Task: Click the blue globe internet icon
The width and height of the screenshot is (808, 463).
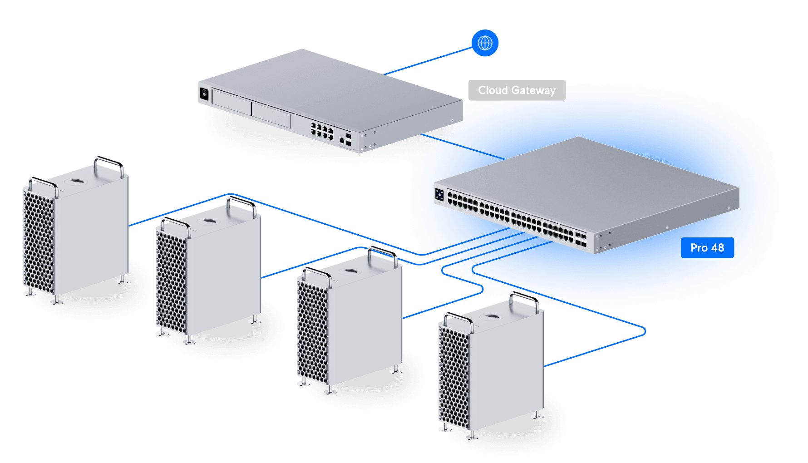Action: pyautogui.click(x=485, y=43)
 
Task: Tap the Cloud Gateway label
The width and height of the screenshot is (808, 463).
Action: pyautogui.click(x=517, y=90)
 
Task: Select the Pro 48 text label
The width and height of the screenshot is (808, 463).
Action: pyautogui.click(x=707, y=248)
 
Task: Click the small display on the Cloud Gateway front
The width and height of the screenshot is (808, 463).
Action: pyautogui.click(x=204, y=94)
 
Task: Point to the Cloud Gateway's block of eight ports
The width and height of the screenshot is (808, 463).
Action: pyautogui.click(x=321, y=130)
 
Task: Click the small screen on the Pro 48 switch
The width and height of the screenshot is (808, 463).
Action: pyautogui.click(x=439, y=195)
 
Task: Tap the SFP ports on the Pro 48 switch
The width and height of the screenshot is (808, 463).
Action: pyautogui.click(x=581, y=240)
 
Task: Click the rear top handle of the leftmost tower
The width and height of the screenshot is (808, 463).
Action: pyautogui.click(x=109, y=164)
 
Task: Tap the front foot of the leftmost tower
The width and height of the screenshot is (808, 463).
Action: pyautogui.click(x=56, y=301)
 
